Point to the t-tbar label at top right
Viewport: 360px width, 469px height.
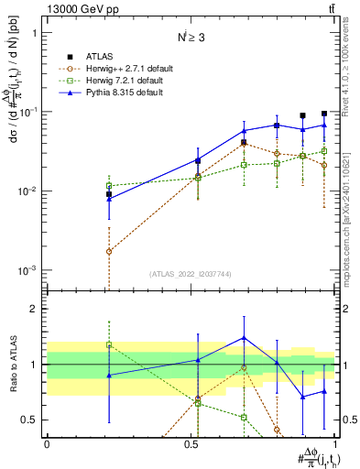[330, 8]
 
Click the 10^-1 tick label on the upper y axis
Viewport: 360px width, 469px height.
[29, 112]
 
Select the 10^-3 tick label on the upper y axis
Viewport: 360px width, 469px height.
[29, 271]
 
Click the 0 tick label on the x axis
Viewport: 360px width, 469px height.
[47, 442]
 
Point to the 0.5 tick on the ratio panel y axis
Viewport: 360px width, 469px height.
[33, 420]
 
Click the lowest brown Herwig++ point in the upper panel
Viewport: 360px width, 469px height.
[109, 251]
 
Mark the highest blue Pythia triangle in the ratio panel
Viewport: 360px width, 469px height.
[244, 338]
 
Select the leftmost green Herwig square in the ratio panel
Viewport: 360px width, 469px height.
[109, 345]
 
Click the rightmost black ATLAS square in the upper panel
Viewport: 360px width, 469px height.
[324, 114]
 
